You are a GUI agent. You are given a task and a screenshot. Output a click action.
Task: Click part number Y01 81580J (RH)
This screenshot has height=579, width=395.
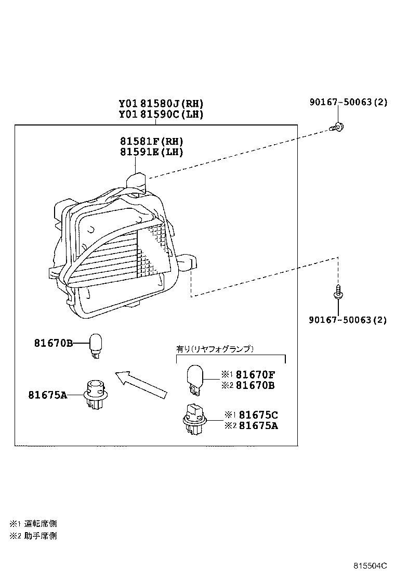[161, 104]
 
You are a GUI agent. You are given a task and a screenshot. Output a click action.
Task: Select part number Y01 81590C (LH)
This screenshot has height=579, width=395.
[161, 115]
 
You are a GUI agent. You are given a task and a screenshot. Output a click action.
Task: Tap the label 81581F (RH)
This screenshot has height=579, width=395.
[152, 141]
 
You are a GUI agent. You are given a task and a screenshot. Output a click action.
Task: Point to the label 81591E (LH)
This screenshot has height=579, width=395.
[152, 152]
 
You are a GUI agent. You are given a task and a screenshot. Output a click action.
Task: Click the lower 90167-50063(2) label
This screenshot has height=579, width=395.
[348, 320]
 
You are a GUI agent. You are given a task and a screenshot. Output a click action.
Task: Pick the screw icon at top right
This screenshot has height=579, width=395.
[338, 127]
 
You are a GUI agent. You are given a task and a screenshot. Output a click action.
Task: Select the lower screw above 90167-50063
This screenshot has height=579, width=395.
[338, 293]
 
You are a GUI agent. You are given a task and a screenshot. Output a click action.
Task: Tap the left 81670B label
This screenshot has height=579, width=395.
[54, 343]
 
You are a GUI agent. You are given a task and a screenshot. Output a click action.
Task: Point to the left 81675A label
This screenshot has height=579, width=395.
[48, 394]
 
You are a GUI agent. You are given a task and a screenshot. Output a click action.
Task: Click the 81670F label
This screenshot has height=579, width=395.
[255, 374]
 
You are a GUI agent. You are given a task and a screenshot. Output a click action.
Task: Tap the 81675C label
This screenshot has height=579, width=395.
[257, 415]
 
